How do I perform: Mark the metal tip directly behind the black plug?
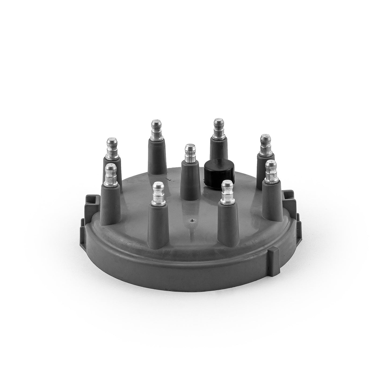click(219, 129)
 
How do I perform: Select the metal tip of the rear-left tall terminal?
click(155, 130)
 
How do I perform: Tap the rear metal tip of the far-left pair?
click(111, 148)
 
